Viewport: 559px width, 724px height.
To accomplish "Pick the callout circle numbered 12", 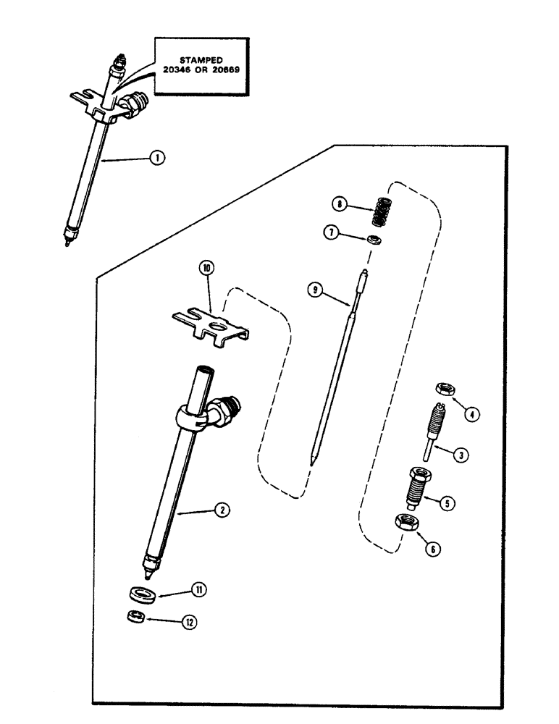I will coord(191,621).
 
